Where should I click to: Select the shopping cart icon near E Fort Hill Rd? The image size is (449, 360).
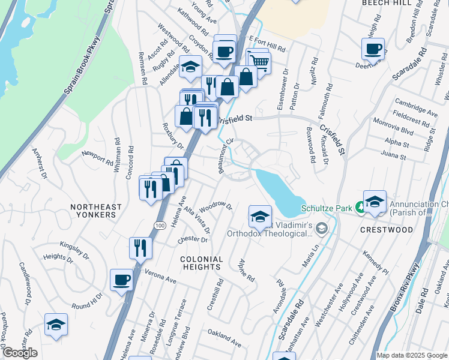(259, 61)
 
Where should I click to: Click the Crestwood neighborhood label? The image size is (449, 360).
(387, 230)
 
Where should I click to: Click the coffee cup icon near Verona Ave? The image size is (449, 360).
(121, 280)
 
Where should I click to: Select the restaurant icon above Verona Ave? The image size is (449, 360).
(140, 247)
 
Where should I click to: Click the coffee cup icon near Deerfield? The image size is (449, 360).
(372, 47)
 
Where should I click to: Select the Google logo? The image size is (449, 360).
(20, 353)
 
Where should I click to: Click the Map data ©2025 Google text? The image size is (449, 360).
(411, 355)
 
